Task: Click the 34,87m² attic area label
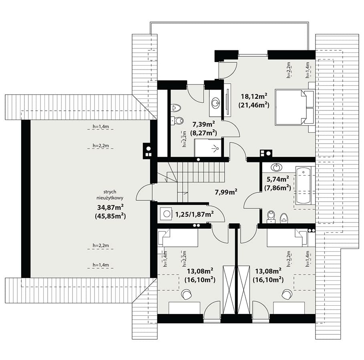click(110, 207)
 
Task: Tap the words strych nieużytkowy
click(110, 195)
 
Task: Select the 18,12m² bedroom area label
click(254, 96)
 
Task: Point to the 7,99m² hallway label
click(226, 192)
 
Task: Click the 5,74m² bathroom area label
click(278, 179)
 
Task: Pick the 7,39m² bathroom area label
click(203, 124)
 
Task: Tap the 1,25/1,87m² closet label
click(194, 214)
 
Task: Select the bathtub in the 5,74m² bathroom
click(303, 185)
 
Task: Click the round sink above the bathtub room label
click(276, 167)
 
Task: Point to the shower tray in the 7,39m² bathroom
click(207, 148)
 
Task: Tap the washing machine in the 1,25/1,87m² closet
click(166, 214)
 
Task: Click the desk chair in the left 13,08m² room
click(187, 294)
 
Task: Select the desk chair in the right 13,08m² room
click(287, 294)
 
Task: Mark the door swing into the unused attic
click(144, 192)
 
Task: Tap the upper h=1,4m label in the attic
click(101, 126)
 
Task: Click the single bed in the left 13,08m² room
click(178, 238)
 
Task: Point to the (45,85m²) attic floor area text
click(110, 216)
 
